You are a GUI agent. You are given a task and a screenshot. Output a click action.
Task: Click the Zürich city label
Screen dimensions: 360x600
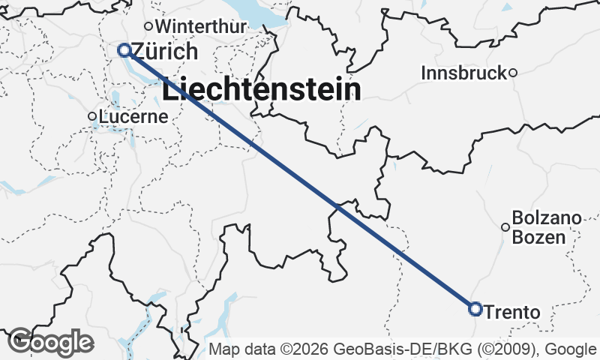pyautogui.click(x=164, y=52)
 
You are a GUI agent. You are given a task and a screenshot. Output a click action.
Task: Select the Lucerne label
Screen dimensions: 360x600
pyautogui.click(x=133, y=116)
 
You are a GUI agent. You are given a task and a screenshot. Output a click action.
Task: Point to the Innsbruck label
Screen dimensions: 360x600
pyautogui.click(x=465, y=73)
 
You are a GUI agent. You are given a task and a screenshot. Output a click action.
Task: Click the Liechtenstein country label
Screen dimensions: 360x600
pyautogui.click(x=261, y=90)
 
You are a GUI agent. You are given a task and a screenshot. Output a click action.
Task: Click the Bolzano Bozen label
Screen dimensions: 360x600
pyautogui.click(x=547, y=229)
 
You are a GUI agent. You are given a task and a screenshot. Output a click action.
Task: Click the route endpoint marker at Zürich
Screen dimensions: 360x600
pyautogui.click(x=125, y=50)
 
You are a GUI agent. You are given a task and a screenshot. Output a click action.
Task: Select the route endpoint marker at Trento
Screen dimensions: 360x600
pyautogui.click(x=475, y=308)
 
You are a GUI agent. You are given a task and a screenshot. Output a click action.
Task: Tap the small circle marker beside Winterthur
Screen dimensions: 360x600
pyautogui.click(x=148, y=26)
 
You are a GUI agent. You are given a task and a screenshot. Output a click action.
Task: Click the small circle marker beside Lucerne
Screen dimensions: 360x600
pyautogui.click(x=92, y=116)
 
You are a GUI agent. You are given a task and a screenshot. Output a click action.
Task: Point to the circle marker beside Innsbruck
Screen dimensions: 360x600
pyautogui.click(x=513, y=73)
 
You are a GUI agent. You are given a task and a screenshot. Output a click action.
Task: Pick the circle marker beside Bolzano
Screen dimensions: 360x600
pyautogui.click(x=505, y=226)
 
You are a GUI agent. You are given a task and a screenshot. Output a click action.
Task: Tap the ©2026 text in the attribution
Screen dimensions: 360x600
pyautogui.click(x=304, y=349)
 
